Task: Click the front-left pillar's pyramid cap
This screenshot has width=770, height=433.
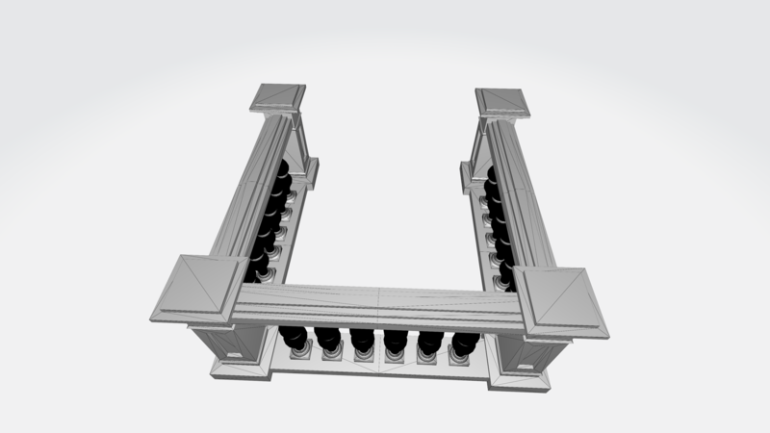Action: (198, 289)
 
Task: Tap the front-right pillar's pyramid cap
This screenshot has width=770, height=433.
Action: (560, 301)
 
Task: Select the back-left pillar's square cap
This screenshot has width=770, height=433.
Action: (278, 97)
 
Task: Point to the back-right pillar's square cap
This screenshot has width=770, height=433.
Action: (501, 103)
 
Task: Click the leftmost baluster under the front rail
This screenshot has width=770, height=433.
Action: (295, 339)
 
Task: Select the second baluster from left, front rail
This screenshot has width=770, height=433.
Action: (328, 340)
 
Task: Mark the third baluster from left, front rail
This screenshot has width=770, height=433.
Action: (362, 341)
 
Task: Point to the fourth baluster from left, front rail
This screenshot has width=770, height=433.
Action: (396, 342)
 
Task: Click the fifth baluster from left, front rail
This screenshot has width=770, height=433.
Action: (430, 343)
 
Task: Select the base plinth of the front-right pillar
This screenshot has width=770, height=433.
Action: (520, 376)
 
